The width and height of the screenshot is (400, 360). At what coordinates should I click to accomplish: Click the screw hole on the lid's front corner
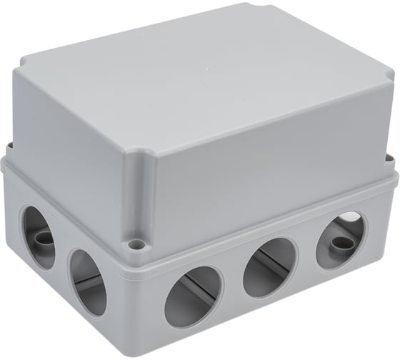[136, 246]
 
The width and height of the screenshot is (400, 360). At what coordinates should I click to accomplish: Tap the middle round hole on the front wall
[269, 266]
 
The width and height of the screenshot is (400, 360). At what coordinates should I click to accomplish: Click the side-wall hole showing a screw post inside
[36, 236]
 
